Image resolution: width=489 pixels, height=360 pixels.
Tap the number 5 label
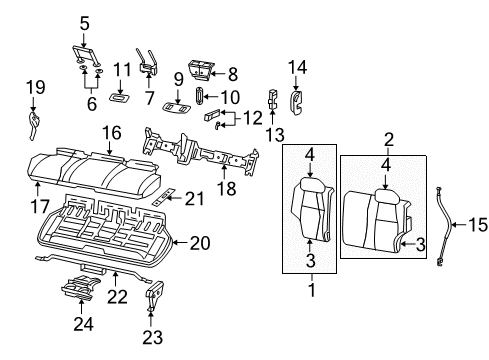click(x=84, y=21)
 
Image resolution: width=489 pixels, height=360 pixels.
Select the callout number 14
click(x=296, y=67)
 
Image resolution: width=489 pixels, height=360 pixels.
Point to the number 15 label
click(x=478, y=225)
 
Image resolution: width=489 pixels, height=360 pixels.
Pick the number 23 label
click(x=153, y=336)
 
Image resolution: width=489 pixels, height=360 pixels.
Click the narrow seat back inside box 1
click(x=311, y=214)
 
